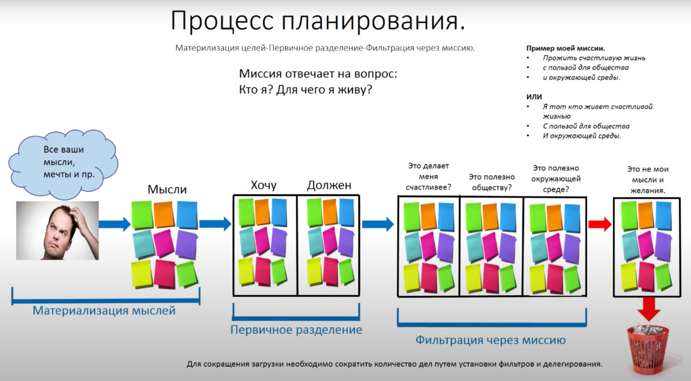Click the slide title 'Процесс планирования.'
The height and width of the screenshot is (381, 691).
pyautogui.click(x=317, y=21)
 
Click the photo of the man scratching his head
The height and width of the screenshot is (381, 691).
pyautogui.click(x=57, y=229)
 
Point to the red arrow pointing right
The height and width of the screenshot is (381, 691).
pyautogui.click(x=599, y=225)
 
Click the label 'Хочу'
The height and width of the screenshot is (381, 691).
pyautogui.click(x=264, y=185)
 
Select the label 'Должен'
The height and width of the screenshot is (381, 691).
pyautogui.click(x=329, y=185)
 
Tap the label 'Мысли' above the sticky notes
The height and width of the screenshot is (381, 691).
pyautogui.click(x=167, y=189)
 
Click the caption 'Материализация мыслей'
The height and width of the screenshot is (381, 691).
pyautogui.click(x=104, y=311)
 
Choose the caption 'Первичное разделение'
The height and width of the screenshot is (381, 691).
pyautogui.click(x=296, y=330)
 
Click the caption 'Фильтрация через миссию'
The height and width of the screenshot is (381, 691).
pyautogui.click(x=490, y=339)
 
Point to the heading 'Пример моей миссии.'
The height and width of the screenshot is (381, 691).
pyautogui.click(x=565, y=49)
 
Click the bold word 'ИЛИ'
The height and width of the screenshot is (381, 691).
pyautogui.click(x=534, y=97)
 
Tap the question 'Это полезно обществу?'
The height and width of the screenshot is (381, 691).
pyautogui.click(x=490, y=182)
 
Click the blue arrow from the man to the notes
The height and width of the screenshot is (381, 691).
pyautogui.click(x=115, y=225)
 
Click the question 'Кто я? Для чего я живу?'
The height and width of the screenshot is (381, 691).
pyautogui.click(x=305, y=90)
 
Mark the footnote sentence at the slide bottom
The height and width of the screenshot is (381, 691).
pyautogui.click(x=394, y=364)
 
